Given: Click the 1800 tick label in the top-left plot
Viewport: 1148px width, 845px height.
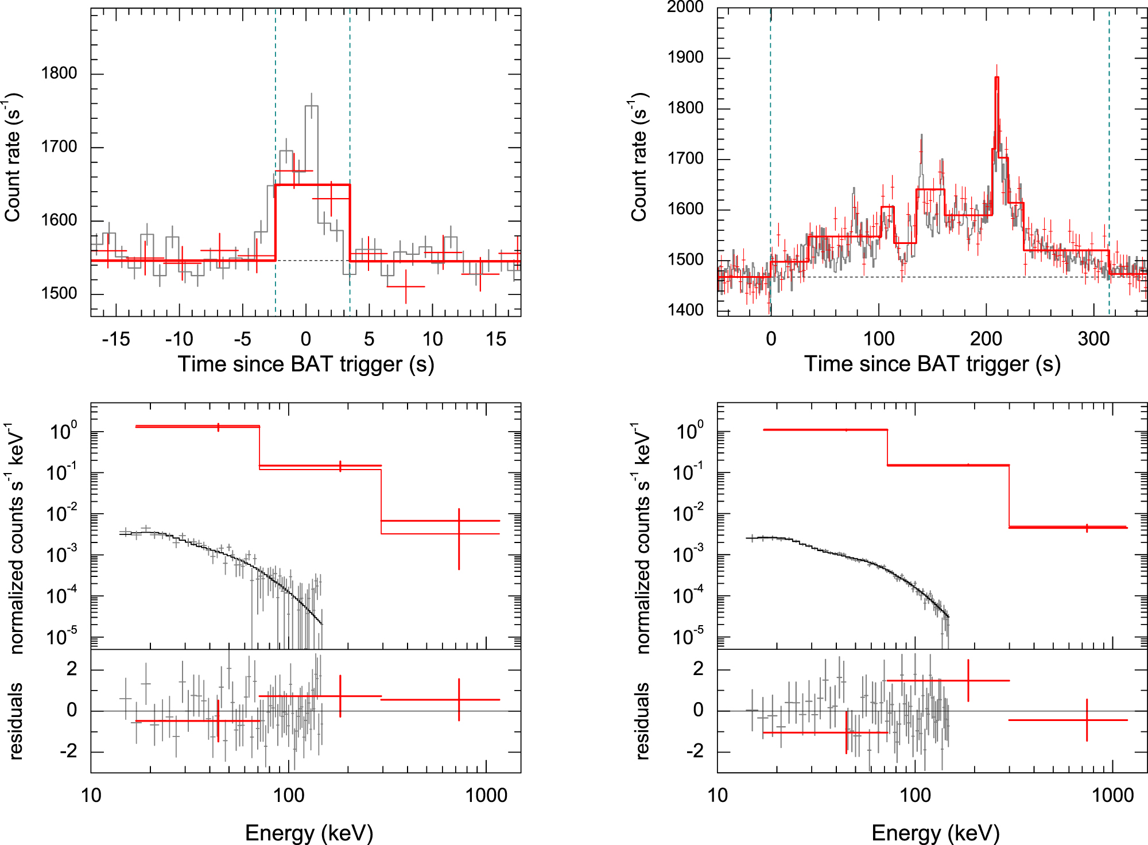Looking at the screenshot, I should click(59, 73).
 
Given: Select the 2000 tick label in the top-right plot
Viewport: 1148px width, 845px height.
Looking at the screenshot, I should click(685, 7).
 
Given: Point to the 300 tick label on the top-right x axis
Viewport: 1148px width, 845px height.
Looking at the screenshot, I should click(1093, 339).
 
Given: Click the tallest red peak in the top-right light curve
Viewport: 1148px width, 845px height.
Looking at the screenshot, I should click(996, 77).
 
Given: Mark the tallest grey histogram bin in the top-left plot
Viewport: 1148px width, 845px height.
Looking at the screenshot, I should click(312, 107).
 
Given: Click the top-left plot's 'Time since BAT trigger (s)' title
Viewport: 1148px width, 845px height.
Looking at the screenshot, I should click(306, 365).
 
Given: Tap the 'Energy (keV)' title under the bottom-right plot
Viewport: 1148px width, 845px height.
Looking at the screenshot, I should click(936, 833).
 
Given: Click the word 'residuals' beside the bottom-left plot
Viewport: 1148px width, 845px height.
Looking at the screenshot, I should click(15, 721).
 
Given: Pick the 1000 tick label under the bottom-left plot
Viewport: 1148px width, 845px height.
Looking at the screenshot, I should click(486, 796).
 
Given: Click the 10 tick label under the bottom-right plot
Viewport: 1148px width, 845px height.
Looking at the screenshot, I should click(717, 796).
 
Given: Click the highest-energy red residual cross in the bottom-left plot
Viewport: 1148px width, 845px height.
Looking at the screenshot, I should click(459, 700).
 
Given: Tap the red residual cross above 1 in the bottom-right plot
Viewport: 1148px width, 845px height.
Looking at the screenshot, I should click(968, 681).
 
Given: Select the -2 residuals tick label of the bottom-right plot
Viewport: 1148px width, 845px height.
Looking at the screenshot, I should click(697, 751).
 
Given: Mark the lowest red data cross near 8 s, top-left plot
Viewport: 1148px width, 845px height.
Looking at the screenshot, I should click(406, 286).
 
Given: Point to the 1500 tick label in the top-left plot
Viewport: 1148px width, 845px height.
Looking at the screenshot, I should click(59, 293).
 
